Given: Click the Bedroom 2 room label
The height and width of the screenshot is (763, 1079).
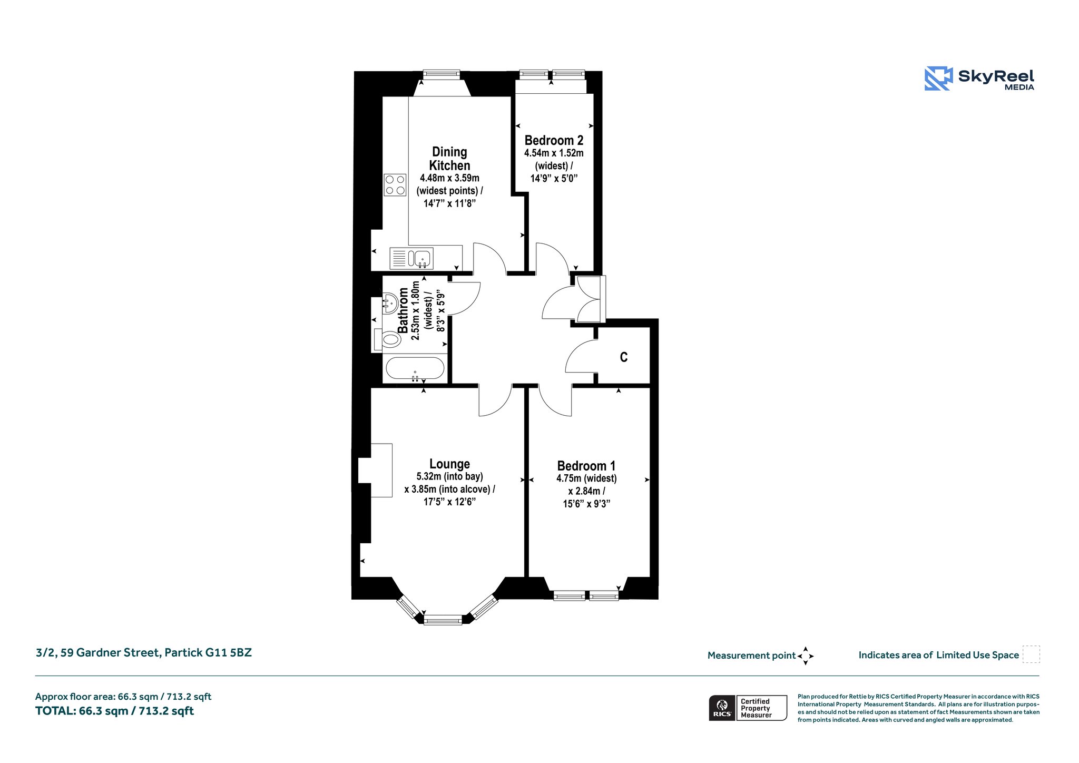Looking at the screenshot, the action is point(554,141).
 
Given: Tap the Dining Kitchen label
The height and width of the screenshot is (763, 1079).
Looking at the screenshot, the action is point(449,159).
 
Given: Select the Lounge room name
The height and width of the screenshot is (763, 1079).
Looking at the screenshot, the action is point(449,464).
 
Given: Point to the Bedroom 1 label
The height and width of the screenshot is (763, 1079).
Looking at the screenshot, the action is point(586,466).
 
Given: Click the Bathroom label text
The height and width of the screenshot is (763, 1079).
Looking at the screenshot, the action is point(403,310).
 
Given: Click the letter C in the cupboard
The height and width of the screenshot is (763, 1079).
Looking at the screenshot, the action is point(624,357).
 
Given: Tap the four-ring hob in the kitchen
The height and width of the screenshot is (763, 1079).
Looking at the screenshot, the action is point(395,185).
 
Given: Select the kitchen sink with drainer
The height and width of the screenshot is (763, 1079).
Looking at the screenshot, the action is point(411,258).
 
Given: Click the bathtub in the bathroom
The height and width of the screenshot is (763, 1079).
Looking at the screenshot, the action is point(415,368).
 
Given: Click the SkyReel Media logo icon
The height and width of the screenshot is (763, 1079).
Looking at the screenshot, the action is point(938,79).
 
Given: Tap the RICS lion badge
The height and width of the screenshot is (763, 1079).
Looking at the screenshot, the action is point(722,708).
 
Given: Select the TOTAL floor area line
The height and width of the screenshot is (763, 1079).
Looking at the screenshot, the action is point(114,711).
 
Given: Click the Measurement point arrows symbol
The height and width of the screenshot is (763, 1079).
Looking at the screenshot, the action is point(806,656).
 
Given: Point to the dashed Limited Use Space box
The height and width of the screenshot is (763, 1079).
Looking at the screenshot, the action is point(1031,654).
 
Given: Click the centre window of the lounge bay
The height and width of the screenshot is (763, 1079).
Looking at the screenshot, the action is point(443,620).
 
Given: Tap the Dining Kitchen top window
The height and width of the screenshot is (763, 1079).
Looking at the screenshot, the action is point(442,74).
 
